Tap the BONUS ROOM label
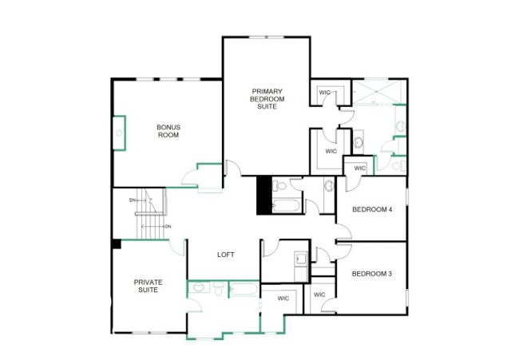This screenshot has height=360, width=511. coord(168,131)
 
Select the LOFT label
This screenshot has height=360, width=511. coord(226,255)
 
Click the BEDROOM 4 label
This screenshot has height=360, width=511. coord(372,210)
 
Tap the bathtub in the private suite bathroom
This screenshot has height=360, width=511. coord(243,289)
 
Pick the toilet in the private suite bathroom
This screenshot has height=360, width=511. coord(218,290)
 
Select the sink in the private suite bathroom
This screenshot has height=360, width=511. coord(198,288)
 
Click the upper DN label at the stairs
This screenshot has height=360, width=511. coord(132,200)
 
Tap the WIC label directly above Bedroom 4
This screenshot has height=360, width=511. coord(359,168)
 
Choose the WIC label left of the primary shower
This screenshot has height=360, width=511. coord(325,93)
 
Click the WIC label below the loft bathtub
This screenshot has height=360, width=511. coord(283,299)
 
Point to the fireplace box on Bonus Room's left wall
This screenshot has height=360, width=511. coord(121,133)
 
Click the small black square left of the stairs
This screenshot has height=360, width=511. coord(117,243)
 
